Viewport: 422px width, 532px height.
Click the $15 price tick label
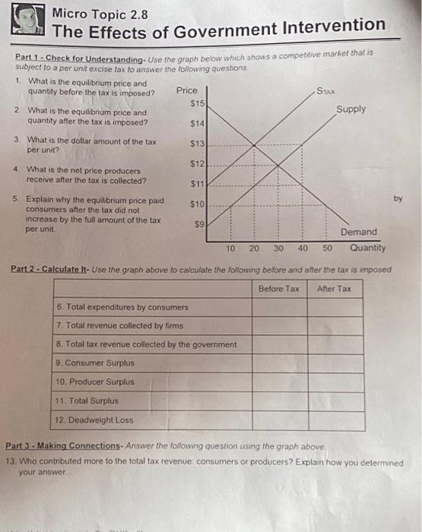[198, 103]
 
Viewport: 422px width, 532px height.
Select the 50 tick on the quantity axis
[327, 248]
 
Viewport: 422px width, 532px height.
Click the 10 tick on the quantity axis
[230, 248]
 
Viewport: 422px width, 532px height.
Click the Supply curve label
[350, 109]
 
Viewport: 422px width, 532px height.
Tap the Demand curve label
[358, 232]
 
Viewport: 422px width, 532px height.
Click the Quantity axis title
[367, 248]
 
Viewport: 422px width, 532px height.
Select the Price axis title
[187, 90]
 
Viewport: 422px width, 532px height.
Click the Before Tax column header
[279, 289]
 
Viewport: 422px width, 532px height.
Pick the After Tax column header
[335, 289]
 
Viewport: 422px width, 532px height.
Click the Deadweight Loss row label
[95, 419]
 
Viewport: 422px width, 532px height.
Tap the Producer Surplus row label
[96, 382]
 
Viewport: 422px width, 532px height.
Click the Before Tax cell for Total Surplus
[279, 401]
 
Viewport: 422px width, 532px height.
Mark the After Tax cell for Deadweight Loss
[335, 419]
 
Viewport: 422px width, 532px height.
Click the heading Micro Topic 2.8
[100, 13]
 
